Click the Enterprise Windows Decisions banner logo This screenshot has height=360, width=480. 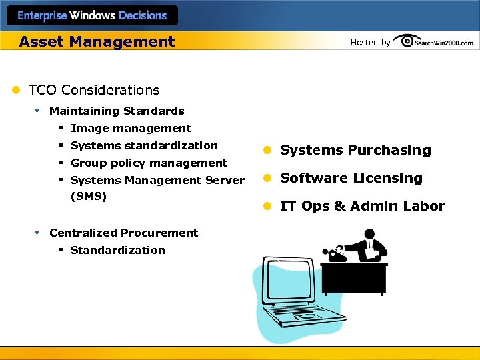pyautogui.click(x=92, y=15)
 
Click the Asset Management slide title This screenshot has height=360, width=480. pyautogui.click(x=97, y=41)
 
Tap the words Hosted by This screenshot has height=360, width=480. pyautogui.click(x=370, y=43)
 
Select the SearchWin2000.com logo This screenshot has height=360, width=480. pyautogui.click(x=435, y=41)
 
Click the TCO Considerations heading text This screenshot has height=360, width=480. pyautogui.click(x=94, y=90)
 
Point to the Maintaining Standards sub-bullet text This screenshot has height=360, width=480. pyautogui.click(x=117, y=111)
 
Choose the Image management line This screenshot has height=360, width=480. pyautogui.click(x=131, y=128)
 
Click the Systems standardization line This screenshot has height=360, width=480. pyautogui.click(x=144, y=145)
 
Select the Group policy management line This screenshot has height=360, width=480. pyautogui.click(x=149, y=163)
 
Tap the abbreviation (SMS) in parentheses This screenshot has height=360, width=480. pyautogui.click(x=89, y=197)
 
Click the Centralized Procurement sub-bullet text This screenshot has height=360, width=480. pyautogui.click(x=123, y=233)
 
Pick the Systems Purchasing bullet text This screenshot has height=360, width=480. pyautogui.click(x=355, y=150)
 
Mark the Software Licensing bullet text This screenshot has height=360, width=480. pyautogui.click(x=351, y=178)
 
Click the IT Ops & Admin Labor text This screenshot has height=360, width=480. pyautogui.click(x=362, y=206)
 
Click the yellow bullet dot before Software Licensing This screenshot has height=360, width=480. pyautogui.click(x=265, y=179)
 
